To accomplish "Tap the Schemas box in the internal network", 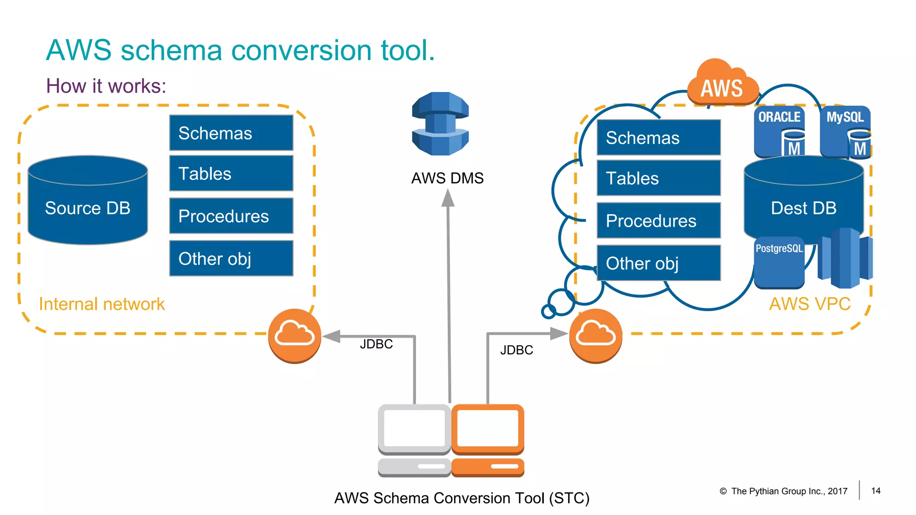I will pyautogui.click(x=231, y=133).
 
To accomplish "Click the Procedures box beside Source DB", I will pyautogui.click(x=231, y=216).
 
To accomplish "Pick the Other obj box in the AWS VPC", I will pyautogui.click(x=658, y=263).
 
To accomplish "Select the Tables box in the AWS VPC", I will pyautogui.click(x=658, y=178).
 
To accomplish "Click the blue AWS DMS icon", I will pyautogui.click(x=440, y=124).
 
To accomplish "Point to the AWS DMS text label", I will pyautogui.click(x=447, y=178).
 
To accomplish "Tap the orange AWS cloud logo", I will pyautogui.click(x=722, y=85).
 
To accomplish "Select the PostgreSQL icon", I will pyautogui.click(x=779, y=263).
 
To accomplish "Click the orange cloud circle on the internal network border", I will pyautogui.click(x=294, y=336).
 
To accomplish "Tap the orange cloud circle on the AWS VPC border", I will pyautogui.click(x=595, y=336).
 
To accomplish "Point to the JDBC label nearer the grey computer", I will pyautogui.click(x=376, y=344).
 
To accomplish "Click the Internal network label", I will pyautogui.click(x=102, y=304).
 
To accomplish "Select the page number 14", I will pyautogui.click(x=876, y=491).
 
